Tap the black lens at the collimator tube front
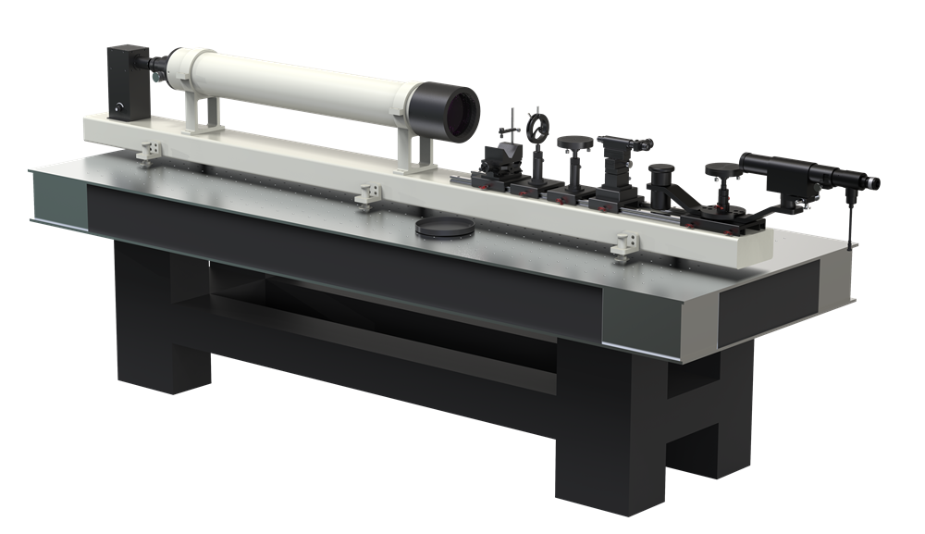click(x=454, y=108)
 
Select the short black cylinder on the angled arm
click(x=660, y=176)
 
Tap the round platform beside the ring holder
click(x=575, y=143)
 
